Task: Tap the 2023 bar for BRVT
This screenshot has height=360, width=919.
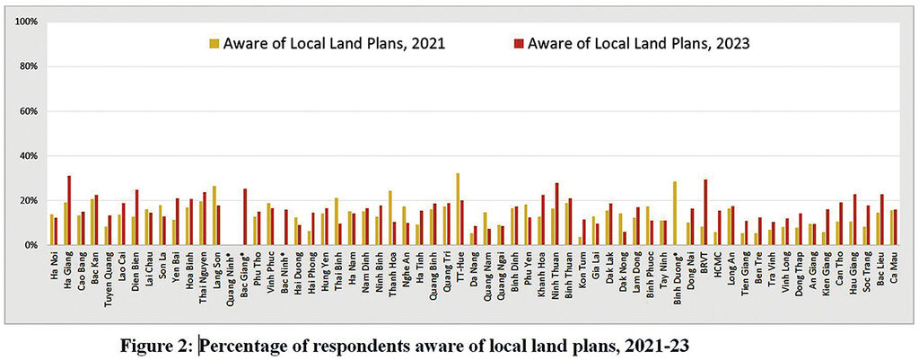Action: (706, 212)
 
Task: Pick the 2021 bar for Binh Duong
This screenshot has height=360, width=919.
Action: (674, 214)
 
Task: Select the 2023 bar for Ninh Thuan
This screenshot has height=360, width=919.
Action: (556, 214)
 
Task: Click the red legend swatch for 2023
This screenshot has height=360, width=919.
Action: (517, 43)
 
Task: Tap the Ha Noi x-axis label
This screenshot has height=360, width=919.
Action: (53, 266)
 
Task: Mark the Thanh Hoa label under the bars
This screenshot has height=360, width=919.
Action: (391, 272)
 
